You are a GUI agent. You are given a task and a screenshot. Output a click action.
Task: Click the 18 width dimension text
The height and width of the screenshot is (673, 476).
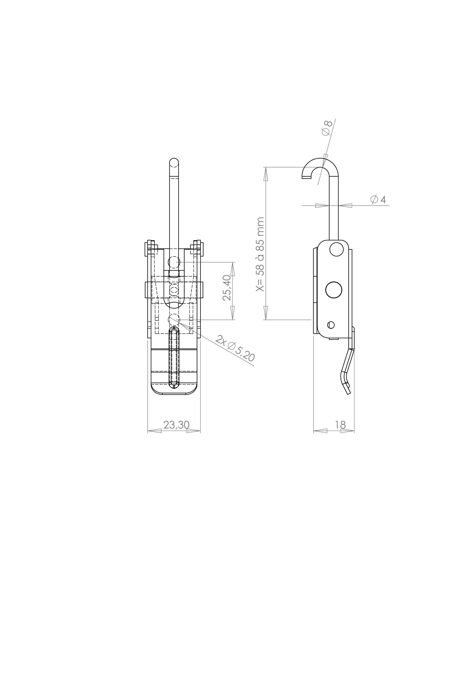(340, 425)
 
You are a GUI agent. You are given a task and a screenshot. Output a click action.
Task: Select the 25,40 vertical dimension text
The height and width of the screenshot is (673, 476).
(227, 288)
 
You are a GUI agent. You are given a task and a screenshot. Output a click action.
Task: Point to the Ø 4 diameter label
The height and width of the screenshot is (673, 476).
(378, 199)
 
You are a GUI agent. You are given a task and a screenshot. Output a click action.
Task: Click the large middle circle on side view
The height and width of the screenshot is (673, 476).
(334, 290)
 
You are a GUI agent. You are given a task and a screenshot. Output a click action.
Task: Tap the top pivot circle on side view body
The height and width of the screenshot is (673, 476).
(336, 249)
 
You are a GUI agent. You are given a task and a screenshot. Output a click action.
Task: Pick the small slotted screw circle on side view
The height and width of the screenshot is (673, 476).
(331, 325)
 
